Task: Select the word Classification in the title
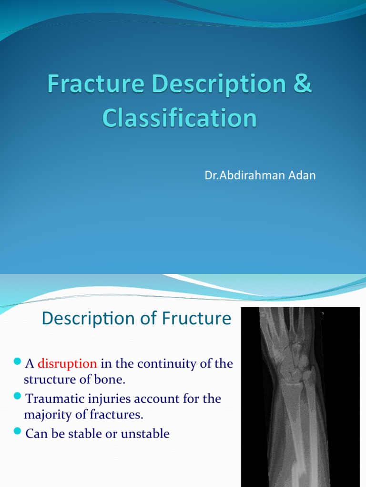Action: click(x=179, y=118)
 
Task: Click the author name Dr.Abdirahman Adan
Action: click(x=260, y=175)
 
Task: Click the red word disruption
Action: click(x=67, y=364)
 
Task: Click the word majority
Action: click(x=47, y=414)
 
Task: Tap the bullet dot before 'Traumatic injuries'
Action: click(x=18, y=396)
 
